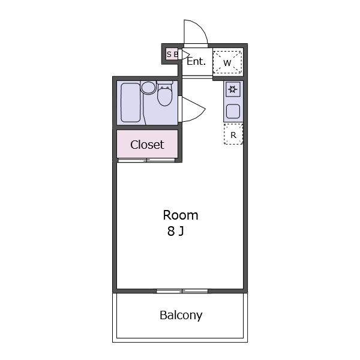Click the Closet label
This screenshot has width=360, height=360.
point(147,145)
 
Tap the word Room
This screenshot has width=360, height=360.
point(181,215)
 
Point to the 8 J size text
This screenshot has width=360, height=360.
point(176,231)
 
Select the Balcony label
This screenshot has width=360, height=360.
point(181,315)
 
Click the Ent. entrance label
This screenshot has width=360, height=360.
point(196,61)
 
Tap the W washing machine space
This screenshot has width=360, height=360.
point(227,62)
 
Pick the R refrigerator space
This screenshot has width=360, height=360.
point(233,134)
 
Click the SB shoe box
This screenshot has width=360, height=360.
point(172,55)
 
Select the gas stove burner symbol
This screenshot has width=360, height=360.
point(233,89)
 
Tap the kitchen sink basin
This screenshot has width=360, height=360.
point(233,112)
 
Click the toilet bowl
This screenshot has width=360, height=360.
point(164,97)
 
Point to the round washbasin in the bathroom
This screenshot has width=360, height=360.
point(148,88)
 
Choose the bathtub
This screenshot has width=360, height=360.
point(130,103)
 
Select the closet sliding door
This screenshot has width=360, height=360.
point(147,160)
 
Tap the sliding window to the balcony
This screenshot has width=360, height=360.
point(182,291)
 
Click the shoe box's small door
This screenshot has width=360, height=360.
point(184,55)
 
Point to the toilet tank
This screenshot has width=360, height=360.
point(165,82)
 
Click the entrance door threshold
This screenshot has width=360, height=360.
point(196,46)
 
